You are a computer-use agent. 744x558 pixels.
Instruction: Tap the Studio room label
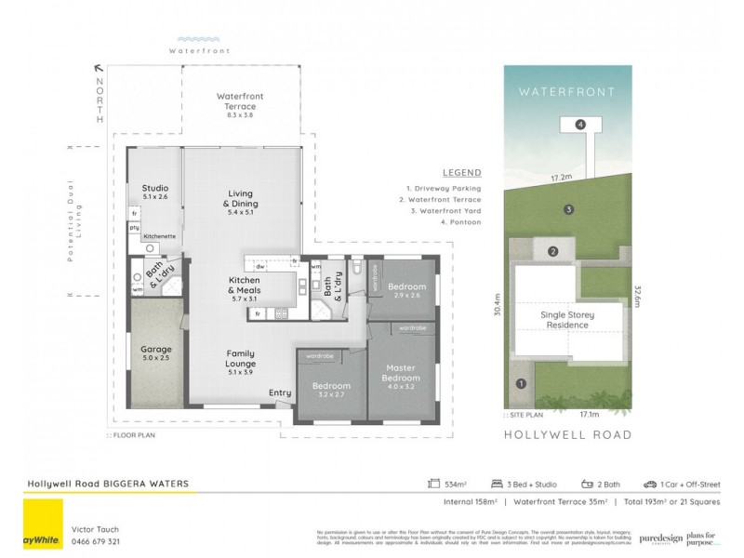[154, 192]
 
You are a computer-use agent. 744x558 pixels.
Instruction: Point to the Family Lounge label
[240, 358]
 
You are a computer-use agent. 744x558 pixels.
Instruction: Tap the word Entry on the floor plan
[279, 393]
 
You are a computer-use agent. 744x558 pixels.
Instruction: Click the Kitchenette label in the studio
[160, 236]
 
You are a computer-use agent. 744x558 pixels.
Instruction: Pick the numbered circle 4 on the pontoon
[579, 124]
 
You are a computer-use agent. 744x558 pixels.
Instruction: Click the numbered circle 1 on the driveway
[521, 383]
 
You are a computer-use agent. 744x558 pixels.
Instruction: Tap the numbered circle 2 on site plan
[552, 251]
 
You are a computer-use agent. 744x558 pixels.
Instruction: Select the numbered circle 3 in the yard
[567, 209]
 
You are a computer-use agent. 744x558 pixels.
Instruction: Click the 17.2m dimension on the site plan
[560, 176]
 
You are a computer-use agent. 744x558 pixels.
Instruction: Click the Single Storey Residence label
[567, 321]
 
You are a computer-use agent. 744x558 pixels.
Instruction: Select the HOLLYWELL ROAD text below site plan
[567, 434]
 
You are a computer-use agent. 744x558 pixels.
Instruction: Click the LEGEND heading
[461, 173]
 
